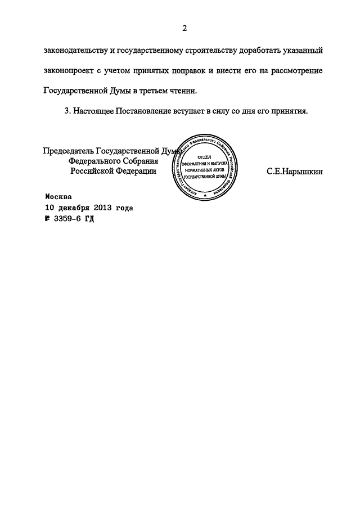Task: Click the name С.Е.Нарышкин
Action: pyautogui.click(x=295, y=172)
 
